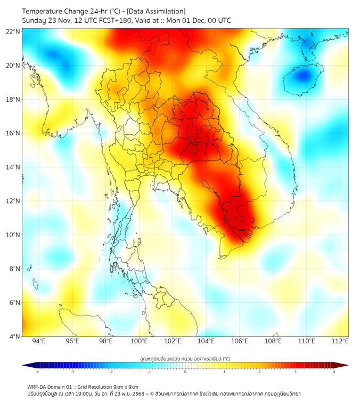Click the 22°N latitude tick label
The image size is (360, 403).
pos(13,31)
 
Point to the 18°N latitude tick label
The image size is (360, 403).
pos(13,100)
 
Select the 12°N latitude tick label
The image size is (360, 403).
pos(13,201)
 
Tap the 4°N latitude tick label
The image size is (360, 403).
pos(14,336)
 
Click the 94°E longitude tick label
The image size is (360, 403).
pos(39,341)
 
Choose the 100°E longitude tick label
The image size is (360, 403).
pos(140,341)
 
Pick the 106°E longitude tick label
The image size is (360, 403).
pos(240,341)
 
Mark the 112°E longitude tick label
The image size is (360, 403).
pos(340,341)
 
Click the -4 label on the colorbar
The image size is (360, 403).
pos(37,372)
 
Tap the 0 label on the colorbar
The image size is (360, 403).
pos(185,372)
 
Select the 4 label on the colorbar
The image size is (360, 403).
pos(333,372)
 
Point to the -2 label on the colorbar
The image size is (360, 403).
pos(111,372)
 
